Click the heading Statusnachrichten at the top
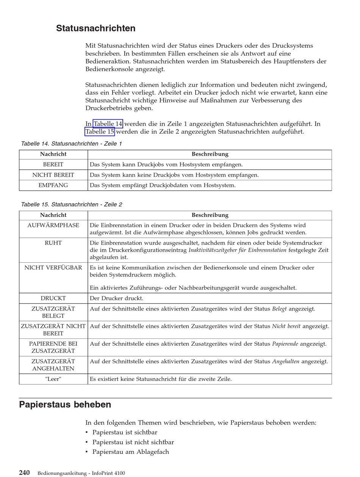pos(95,28)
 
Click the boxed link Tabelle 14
pos(108,124)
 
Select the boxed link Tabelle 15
pos(100,132)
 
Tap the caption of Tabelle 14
pos(71,144)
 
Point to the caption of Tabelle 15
pos(71,204)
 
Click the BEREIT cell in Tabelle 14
pos(53,165)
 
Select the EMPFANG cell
pos(53,185)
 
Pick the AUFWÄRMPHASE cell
pos(53,226)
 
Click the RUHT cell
pos(53,243)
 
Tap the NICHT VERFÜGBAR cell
pos(53,268)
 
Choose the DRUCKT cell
pos(53,298)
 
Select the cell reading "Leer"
pos(53,379)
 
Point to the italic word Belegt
pos(279,309)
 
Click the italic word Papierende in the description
pos(285,344)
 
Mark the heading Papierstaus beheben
pos(65,405)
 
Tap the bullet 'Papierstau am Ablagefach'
pos(130,452)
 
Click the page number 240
pos(24,473)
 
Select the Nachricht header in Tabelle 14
pos(53,154)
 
